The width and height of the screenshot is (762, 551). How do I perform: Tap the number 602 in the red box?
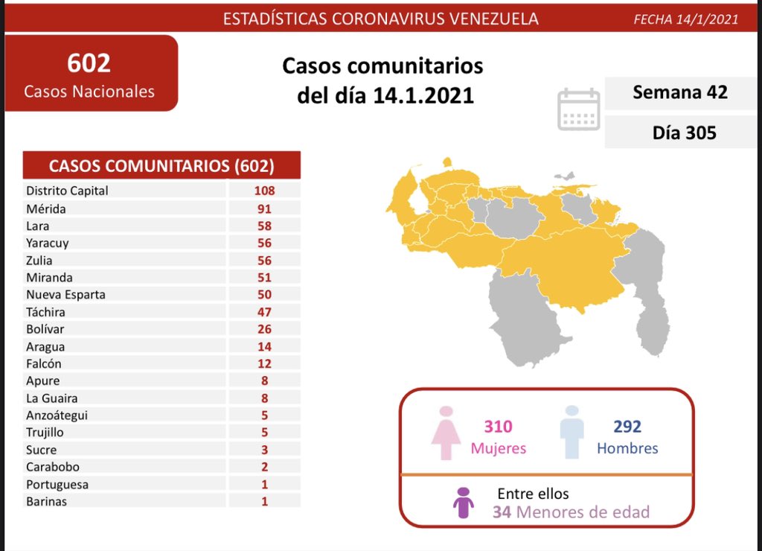(89, 63)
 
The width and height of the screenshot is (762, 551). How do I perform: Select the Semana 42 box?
(679, 92)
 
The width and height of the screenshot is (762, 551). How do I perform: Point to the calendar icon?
(578, 109)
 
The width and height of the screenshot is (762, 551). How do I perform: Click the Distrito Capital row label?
(67, 191)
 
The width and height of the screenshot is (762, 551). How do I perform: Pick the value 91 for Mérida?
(263, 208)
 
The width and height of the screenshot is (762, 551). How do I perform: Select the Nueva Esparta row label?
(65, 294)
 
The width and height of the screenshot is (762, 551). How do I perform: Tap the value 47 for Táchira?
(263, 312)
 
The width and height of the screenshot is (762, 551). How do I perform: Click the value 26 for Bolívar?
(263, 329)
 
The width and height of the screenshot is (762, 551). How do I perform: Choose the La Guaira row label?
(51, 398)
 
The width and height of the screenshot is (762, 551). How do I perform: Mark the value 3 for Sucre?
(264, 450)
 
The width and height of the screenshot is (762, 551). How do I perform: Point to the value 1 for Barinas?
(264, 501)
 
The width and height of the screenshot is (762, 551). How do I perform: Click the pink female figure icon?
(446, 433)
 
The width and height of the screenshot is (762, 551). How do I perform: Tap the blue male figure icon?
(571, 433)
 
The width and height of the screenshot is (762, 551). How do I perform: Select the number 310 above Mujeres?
(498, 427)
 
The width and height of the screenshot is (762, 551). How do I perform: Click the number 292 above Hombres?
(627, 427)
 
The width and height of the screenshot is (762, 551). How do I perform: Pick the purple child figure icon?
(464, 503)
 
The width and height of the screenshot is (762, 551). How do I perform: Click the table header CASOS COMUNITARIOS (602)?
(161, 165)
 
